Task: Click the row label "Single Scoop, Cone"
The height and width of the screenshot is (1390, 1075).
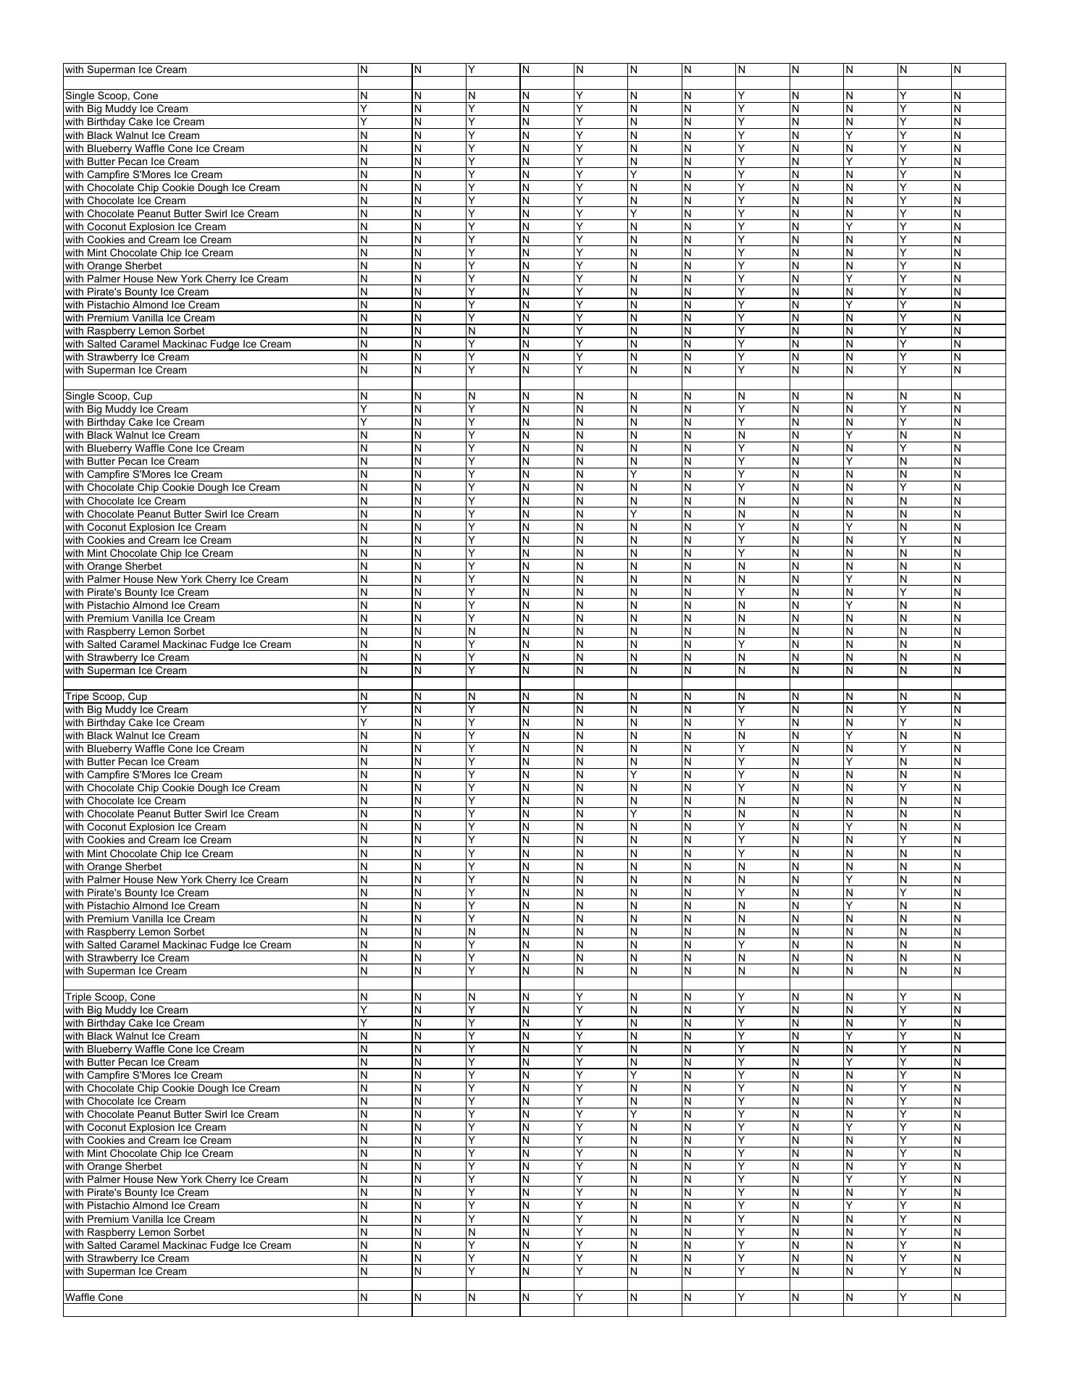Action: [112, 96]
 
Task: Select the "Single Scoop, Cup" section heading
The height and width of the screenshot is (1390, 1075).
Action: [109, 396]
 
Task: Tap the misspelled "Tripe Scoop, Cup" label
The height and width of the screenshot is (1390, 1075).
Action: [106, 696]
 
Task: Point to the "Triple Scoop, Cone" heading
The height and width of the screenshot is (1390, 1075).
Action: [110, 997]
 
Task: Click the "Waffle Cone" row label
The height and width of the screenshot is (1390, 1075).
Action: [94, 1297]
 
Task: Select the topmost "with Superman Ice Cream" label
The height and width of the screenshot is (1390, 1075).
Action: [126, 69]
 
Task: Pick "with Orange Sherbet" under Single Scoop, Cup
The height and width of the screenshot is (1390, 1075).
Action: [114, 566]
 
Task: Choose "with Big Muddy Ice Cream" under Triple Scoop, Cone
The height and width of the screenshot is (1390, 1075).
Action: [127, 1010]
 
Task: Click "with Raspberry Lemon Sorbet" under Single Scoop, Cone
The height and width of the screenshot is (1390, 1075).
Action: [135, 331]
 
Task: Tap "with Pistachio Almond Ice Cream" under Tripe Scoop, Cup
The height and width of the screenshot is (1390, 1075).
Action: [142, 906]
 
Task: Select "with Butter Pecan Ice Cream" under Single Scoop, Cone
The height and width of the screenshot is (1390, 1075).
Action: [132, 161]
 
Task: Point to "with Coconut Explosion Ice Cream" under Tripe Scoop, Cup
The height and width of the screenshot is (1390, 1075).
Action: [146, 827]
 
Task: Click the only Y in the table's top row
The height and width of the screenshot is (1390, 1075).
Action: [472, 69]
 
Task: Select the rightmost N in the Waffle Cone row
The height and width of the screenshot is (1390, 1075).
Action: [957, 1297]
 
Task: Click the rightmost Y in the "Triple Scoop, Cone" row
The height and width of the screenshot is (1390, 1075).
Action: [903, 997]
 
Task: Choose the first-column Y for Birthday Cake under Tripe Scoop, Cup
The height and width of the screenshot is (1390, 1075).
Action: [364, 723]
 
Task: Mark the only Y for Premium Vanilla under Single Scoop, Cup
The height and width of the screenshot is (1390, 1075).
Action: [472, 618]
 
